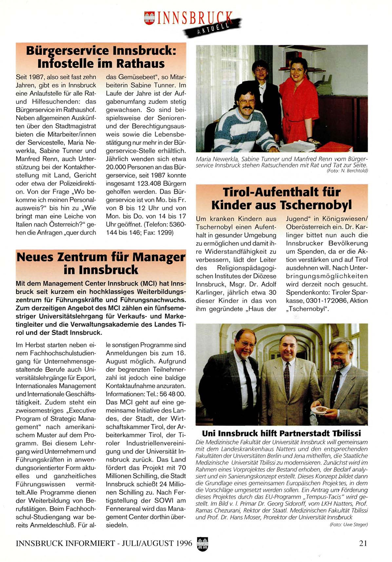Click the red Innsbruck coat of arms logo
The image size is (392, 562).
tap(149, 18)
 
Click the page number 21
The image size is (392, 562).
tap(363, 543)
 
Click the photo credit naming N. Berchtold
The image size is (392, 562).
tap(347, 171)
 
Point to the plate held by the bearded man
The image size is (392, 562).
tap(320, 410)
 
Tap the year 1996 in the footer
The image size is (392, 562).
tap(184, 543)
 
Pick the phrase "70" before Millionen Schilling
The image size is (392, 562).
tap(182, 468)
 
